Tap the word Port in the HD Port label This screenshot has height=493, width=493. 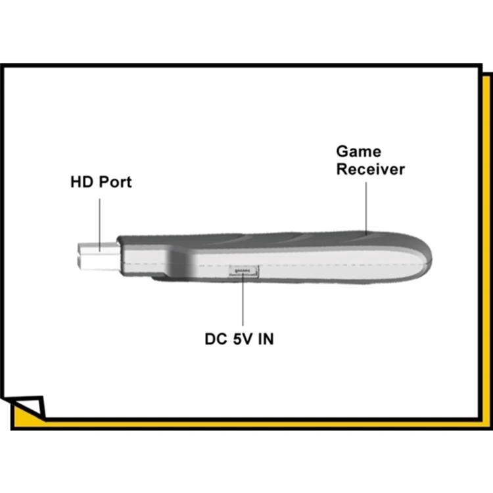115,182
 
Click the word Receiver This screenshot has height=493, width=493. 371,169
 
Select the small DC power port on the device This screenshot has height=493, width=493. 243,270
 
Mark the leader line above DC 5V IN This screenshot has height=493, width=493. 243,302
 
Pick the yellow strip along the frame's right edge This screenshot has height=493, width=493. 484,250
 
